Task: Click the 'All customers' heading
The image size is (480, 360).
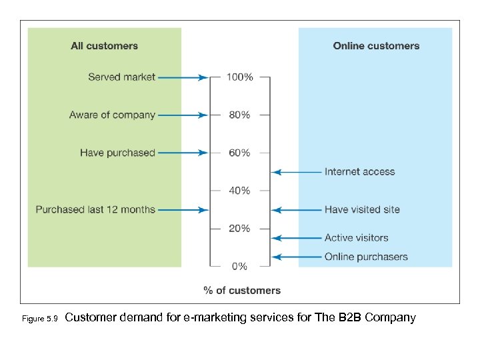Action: pos(104,46)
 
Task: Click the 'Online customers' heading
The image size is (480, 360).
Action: pos(376,46)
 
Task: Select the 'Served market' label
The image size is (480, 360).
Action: pos(121,77)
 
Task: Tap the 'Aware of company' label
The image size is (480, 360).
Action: pos(112,115)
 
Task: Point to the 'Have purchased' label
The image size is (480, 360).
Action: pos(117,153)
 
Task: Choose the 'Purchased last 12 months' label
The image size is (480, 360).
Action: pos(95,209)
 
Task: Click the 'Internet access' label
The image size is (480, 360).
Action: pos(359,172)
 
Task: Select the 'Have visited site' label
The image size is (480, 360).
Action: pos(362,209)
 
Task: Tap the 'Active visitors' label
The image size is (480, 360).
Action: pos(356,237)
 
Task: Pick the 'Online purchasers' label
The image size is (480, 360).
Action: pos(366,257)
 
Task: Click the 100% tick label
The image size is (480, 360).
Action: pos(239,77)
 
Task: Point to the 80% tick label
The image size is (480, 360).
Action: pos(239,115)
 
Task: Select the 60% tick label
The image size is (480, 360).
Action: pos(239,153)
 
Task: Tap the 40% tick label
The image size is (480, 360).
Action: pos(239,191)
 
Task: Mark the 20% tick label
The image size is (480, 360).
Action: pos(239,229)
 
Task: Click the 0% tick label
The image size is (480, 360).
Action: pos(239,266)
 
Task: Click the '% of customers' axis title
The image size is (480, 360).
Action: pos(242,290)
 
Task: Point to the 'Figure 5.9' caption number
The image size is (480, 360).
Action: pos(41,319)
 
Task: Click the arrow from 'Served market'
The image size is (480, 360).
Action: pos(183,77)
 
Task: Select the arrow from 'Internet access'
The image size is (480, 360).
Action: pos(297,172)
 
